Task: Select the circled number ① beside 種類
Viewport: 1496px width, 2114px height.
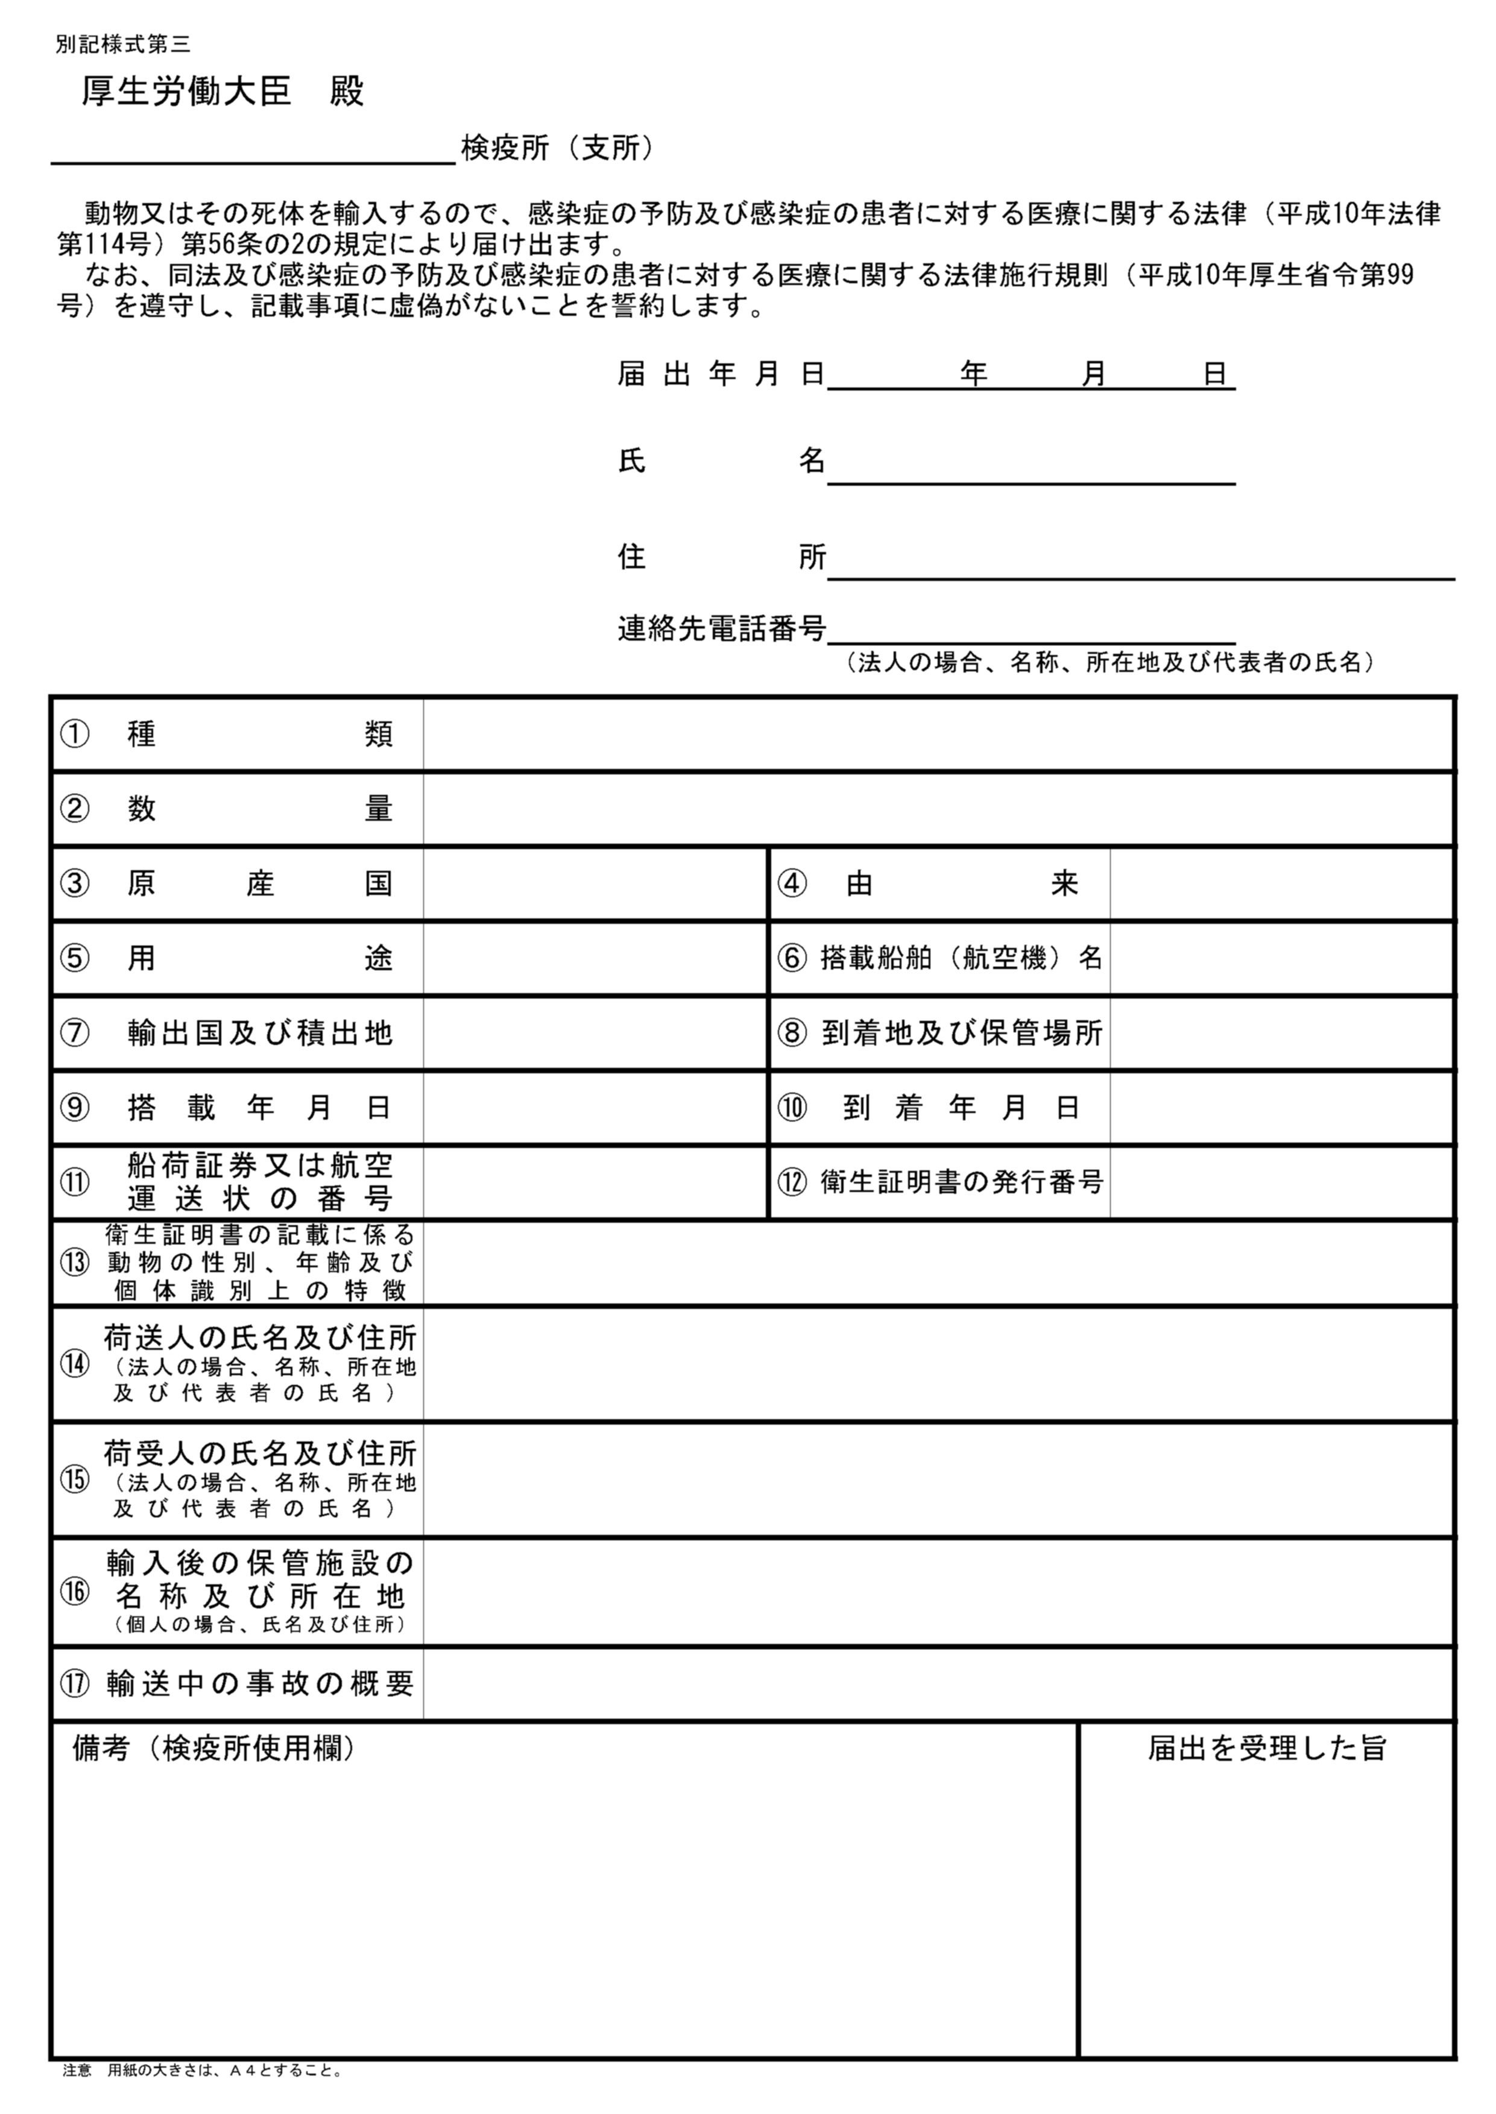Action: pos(75,734)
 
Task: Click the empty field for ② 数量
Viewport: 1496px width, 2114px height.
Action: pos(938,809)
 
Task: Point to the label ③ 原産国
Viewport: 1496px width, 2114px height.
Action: pos(227,884)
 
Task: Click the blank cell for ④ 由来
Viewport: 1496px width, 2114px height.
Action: pos(1281,884)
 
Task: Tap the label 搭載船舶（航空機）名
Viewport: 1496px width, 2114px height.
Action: pos(961,959)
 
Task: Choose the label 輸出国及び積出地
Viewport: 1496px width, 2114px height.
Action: pos(260,1033)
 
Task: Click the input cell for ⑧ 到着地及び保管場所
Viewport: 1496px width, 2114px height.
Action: pos(1281,1033)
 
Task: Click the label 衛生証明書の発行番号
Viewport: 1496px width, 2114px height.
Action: pos(962,1182)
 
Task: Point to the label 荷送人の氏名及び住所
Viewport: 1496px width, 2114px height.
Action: pos(260,1338)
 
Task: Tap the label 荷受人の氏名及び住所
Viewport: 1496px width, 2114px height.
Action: pos(260,1454)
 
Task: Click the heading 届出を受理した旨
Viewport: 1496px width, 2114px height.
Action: pos(1267,1748)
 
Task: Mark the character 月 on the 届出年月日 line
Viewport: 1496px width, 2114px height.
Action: pos(1093,374)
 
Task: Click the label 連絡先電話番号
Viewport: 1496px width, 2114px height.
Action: pos(721,629)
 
